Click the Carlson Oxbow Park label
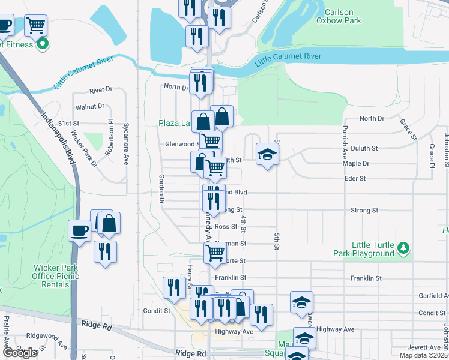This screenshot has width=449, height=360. click(x=343, y=16)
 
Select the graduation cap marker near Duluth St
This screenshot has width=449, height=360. click(x=267, y=155)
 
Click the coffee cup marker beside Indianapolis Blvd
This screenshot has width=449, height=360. click(x=79, y=230)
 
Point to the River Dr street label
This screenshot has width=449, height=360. click(x=101, y=90)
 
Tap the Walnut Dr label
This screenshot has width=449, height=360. click(x=90, y=107)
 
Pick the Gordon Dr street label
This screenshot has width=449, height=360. click(x=161, y=189)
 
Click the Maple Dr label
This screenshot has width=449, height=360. click(x=355, y=163)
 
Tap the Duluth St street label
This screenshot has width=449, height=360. click(x=364, y=148)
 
